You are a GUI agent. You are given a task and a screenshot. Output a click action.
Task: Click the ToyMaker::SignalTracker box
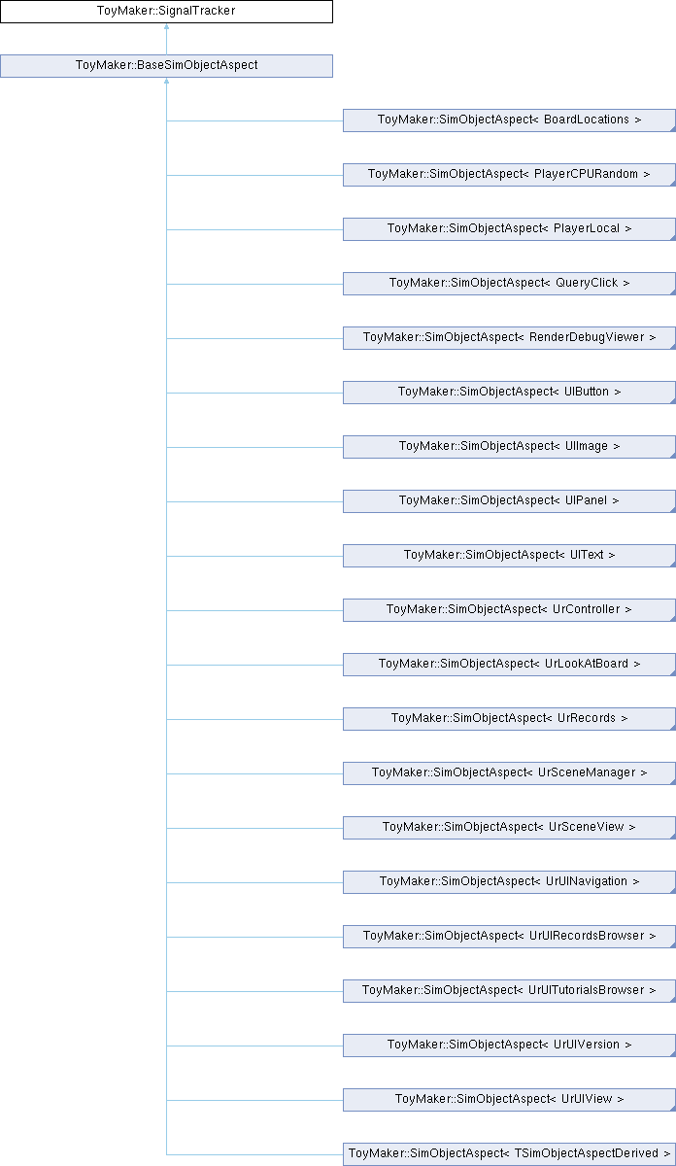(x=166, y=12)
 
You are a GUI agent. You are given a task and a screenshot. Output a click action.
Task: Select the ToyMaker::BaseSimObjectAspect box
(x=166, y=66)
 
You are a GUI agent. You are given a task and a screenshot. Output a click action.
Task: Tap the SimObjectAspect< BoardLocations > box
(x=509, y=120)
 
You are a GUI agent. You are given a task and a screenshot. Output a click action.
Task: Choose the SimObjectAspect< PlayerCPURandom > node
(x=509, y=175)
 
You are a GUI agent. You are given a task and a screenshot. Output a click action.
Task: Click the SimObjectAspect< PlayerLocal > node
(x=509, y=229)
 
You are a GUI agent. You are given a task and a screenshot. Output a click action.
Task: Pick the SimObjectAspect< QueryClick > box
(x=509, y=284)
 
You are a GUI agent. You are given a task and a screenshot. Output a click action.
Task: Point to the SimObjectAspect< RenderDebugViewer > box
(x=509, y=338)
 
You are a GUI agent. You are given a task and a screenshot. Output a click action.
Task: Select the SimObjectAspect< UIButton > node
(x=509, y=393)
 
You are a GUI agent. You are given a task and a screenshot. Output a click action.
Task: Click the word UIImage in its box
(x=587, y=446)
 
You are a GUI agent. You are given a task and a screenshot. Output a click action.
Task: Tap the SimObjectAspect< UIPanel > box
(x=509, y=501)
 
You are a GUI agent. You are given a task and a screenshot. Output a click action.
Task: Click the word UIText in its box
(x=587, y=555)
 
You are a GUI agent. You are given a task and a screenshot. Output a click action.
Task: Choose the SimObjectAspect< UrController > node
(x=509, y=610)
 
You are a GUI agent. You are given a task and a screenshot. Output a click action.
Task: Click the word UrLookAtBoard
(x=587, y=664)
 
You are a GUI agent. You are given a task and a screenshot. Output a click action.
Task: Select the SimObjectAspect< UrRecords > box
(x=509, y=719)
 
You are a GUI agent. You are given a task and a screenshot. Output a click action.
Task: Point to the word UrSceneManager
(x=587, y=772)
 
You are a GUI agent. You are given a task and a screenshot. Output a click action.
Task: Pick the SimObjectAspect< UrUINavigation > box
(x=509, y=882)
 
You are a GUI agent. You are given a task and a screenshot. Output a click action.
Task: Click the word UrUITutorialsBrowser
(x=587, y=990)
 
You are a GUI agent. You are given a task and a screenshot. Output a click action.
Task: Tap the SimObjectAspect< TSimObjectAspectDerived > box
(x=509, y=1154)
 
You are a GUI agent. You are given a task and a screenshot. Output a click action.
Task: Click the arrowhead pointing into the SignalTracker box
(x=166, y=26)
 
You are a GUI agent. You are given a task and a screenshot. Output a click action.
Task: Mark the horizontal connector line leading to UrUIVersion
(x=254, y=1046)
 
